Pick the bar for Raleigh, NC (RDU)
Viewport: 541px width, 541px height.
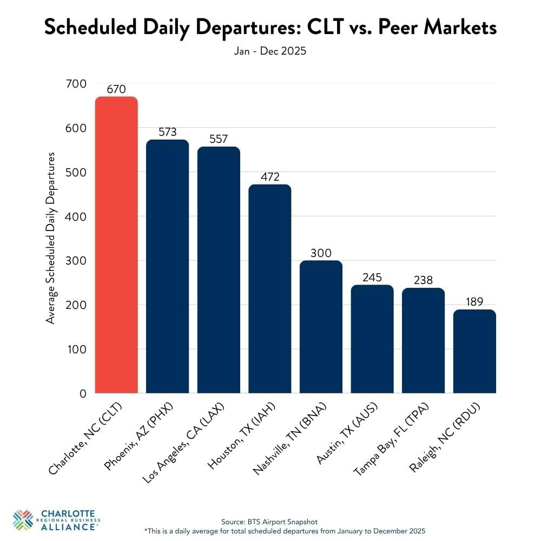point(474,352)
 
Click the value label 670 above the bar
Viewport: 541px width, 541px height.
point(116,90)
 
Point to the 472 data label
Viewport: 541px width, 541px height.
point(270,177)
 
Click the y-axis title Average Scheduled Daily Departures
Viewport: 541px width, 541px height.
point(51,238)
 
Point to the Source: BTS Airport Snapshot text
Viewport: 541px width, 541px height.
point(270,521)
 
